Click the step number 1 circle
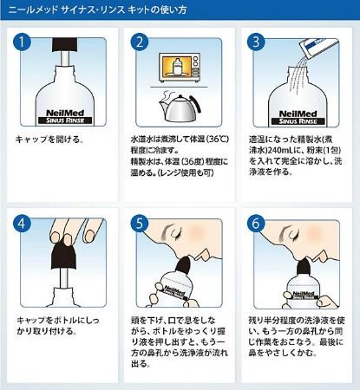[22, 42]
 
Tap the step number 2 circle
[140, 42]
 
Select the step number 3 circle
[257, 42]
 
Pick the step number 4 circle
[22, 224]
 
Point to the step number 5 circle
[140, 224]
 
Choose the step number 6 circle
[257, 224]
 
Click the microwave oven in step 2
[180, 68]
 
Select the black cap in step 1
[65, 45]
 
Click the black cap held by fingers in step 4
[64, 254]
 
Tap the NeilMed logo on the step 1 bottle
[65, 113]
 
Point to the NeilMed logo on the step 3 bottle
[298, 114]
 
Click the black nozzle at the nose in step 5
[183, 263]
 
